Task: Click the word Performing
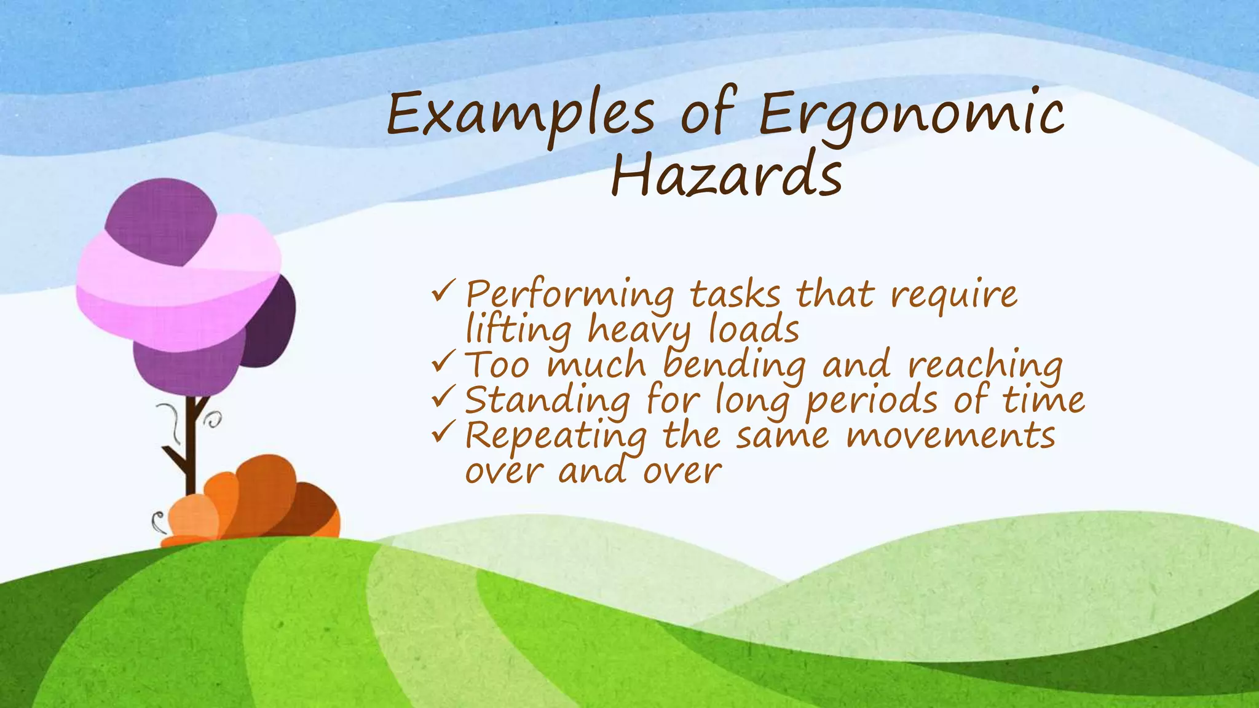569,295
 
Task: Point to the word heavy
640,331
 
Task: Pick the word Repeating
556,436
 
